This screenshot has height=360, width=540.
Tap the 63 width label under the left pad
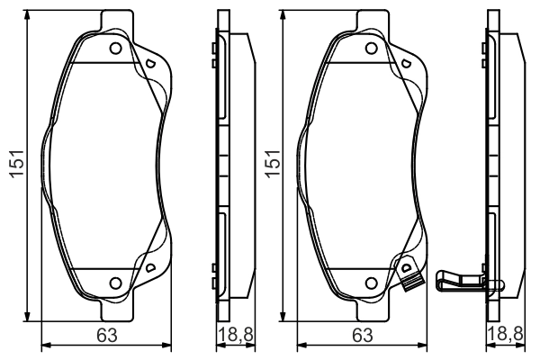107,336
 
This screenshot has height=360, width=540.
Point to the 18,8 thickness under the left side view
236,336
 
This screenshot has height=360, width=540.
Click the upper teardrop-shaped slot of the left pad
150,63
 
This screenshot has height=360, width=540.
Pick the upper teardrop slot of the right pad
405,63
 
